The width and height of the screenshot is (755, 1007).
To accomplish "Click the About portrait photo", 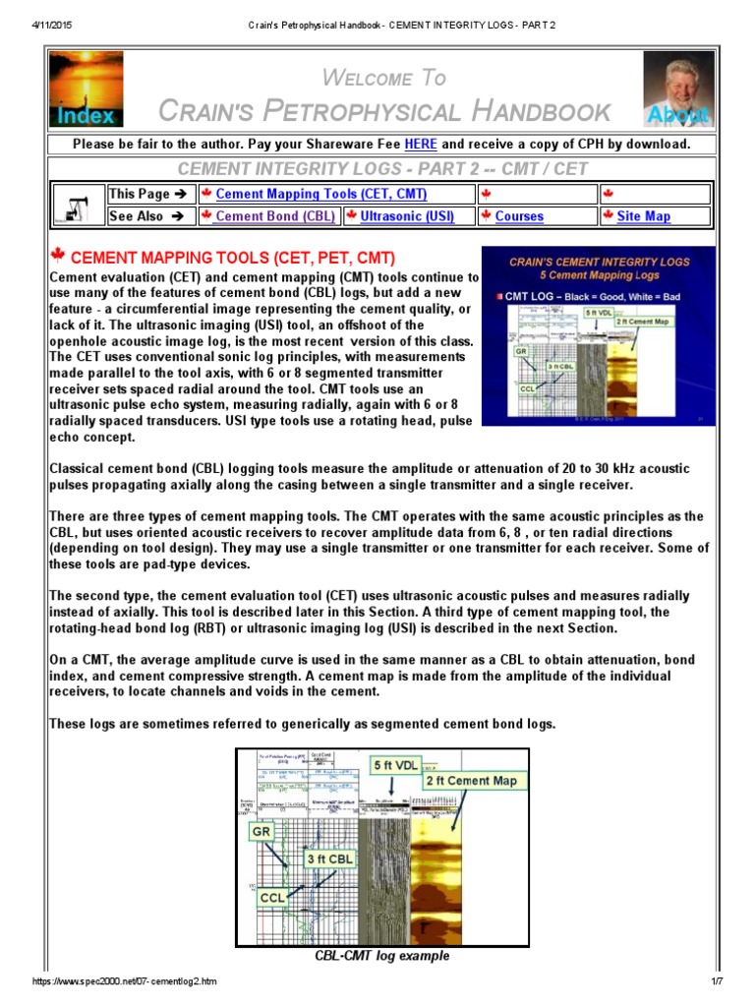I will coord(678,89).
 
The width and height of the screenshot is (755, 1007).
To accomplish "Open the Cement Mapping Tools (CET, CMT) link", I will coord(320,195).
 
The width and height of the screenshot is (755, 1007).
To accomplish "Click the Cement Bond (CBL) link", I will coord(274,216).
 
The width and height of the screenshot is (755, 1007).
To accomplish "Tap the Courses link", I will coord(518,216).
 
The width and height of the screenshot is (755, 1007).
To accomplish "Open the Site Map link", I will coord(643,216).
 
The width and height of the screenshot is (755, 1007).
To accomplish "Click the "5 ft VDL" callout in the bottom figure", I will coord(394,763).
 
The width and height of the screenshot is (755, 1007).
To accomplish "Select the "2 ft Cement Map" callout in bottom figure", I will coord(470,781).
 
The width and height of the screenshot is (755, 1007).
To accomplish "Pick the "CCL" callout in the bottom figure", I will coord(272,897).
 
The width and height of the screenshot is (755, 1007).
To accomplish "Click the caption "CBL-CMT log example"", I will coord(382,956).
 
